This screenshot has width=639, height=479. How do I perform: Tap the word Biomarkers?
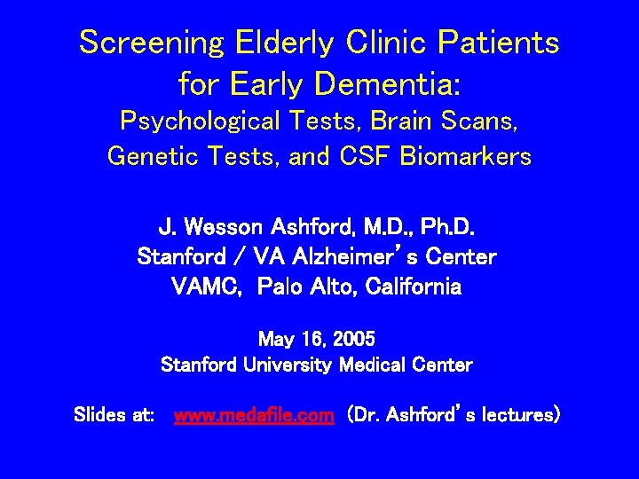466,156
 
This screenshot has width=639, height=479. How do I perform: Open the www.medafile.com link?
254,414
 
